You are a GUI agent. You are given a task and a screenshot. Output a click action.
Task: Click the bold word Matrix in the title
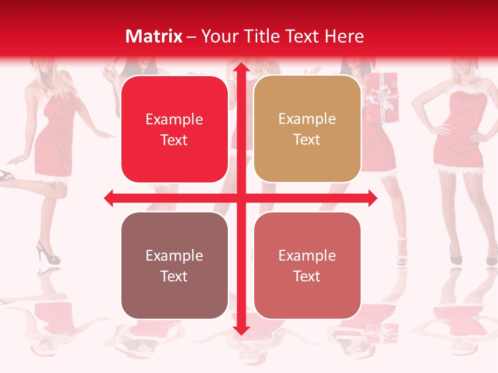pyautogui.click(x=154, y=36)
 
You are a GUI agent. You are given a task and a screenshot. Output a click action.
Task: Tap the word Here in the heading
pyautogui.click(x=344, y=36)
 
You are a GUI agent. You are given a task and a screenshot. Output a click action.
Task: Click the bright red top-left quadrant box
pyautogui.click(x=174, y=129)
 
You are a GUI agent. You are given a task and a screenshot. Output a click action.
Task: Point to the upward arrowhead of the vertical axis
pyautogui.click(x=241, y=68)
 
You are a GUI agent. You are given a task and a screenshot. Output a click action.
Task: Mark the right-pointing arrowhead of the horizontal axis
pyautogui.click(x=372, y=198)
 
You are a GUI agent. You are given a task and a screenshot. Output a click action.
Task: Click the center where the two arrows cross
pyautogui.click(x=241, y=198)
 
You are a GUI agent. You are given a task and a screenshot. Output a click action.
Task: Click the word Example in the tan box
pyautogui.click(x=307, y=119)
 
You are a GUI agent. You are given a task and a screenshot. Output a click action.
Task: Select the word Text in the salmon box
pyautogui.click(x=307, y=276)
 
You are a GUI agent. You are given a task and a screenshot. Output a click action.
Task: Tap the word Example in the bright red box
pyautogui.click(x=174, y=120)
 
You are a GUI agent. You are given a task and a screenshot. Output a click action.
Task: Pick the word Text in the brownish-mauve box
pyautogui.click(x=174, y=276)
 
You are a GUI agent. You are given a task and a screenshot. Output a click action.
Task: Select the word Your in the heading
pyautogui.click(x=218, y=36)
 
